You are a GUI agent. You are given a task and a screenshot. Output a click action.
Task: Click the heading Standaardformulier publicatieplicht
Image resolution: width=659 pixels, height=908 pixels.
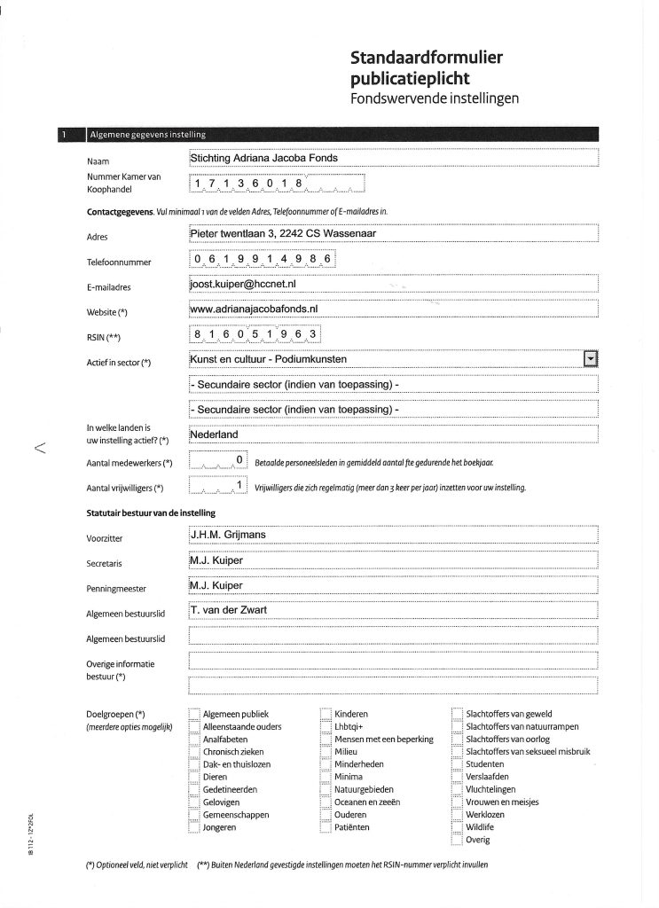(x=427, y=68)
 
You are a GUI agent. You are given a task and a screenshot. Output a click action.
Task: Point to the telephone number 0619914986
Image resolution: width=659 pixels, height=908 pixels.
(x=263, y=259)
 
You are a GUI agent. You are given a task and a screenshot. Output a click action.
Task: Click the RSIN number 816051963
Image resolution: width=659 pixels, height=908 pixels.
(x=255, y=333)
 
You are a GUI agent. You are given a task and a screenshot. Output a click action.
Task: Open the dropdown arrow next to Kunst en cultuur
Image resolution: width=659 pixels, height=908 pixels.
(x=592, y=358)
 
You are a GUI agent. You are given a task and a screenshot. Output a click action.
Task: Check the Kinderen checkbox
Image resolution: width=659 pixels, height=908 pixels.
(x=326, y=714)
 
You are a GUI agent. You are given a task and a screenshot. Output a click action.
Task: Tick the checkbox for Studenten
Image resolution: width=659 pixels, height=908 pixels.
(x=457, y=763)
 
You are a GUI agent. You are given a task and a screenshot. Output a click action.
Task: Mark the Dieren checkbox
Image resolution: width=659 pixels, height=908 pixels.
(x=194, y=777)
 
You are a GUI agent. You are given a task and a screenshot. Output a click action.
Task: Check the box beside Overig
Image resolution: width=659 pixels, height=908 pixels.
(x=457, y=839)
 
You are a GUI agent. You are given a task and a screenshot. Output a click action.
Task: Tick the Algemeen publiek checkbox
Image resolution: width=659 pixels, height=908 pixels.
(x=194, y=714)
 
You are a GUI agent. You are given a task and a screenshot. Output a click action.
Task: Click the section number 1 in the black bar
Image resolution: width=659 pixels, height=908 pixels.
(x=65, y=135)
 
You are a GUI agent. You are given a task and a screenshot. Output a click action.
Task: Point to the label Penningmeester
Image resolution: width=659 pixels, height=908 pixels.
(x=117, y=588)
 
